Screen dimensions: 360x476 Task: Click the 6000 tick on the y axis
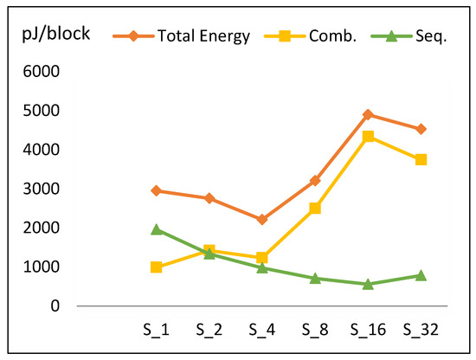42,72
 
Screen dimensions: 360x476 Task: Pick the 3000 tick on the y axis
42,189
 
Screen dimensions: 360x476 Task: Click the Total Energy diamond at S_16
367,114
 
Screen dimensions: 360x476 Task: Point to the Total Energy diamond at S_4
261,220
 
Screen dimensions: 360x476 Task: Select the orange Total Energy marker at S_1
156,190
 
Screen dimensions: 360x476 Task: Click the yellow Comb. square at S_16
367,136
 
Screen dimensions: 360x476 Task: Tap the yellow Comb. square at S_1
156,267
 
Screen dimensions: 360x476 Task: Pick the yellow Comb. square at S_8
315,208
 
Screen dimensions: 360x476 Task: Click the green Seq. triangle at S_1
156,229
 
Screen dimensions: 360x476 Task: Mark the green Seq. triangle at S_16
367,284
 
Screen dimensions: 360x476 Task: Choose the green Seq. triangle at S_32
420,275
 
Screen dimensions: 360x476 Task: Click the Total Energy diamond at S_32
420,129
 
